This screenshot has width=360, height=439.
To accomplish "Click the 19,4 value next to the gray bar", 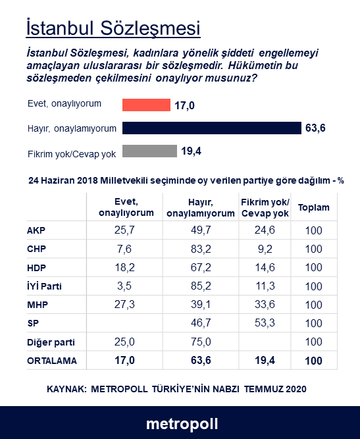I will [191, 151].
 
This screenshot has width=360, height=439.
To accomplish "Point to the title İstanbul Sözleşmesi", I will [113, 28].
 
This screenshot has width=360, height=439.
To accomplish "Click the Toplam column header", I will [314, 207].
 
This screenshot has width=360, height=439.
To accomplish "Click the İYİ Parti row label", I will [45, 286].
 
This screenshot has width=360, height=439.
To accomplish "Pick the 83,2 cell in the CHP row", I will [201, 249].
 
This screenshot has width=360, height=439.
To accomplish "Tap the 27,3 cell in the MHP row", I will [125, 305].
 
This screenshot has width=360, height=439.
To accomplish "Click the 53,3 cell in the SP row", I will [264, 323].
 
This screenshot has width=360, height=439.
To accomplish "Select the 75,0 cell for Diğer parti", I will [201, 342].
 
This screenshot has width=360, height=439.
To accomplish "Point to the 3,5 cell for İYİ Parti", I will [125, 286].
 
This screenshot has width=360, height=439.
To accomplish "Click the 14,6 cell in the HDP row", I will [264, 268].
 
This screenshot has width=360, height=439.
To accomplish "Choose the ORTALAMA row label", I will [52, 361].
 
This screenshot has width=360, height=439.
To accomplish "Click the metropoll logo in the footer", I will [182, 423].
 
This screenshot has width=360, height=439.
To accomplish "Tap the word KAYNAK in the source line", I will [68, 389].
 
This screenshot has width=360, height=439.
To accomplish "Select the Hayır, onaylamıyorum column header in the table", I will [201, 208].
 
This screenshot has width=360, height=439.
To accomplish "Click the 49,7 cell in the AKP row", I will [201, 231].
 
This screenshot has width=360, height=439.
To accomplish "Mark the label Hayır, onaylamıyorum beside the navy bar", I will [72, 128].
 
